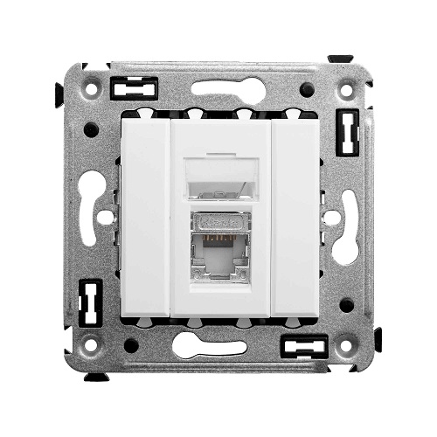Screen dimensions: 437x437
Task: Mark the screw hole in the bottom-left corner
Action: (x=87, y=348)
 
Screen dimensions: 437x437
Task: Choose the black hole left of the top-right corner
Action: (x=307, y=89)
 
